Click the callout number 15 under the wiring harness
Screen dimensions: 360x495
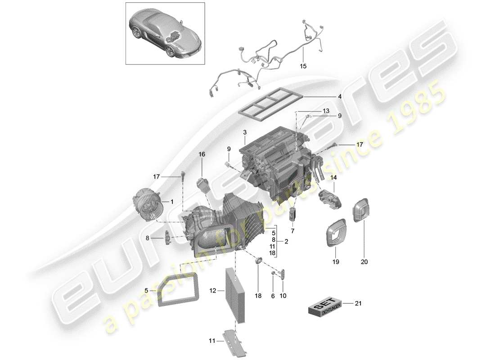[x=303, y=66]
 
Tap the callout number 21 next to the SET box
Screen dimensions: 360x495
[x=359, y=304]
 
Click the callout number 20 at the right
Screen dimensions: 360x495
[x=364, y=261]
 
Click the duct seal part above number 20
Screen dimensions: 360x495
[x=362, y=209]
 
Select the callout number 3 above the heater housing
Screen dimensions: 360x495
[x=244, y=132]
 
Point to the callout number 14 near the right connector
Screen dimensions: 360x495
[x=333, y=178]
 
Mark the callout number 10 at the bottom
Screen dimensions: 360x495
[x=283, y=296]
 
